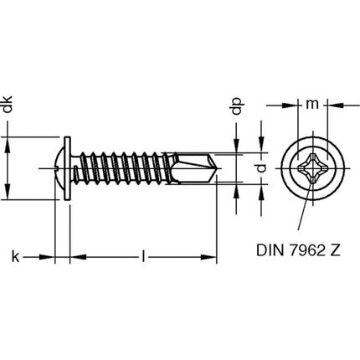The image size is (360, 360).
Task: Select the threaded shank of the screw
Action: [126, 170]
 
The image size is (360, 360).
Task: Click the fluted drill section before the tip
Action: [191, 170]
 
